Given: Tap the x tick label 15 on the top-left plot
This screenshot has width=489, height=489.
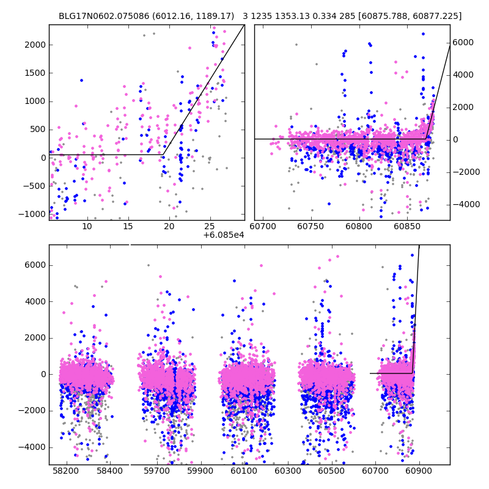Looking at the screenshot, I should click(x=128, y=227).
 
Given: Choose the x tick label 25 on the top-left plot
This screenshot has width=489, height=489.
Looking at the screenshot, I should click(x=210, y=227).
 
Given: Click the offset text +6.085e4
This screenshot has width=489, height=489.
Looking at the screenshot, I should click(x=224, y=235).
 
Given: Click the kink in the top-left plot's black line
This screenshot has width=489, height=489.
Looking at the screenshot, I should click(x=164, y=154).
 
